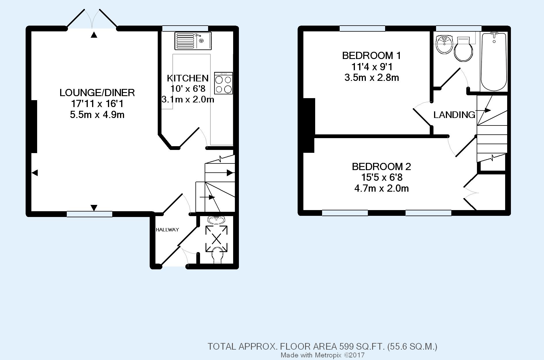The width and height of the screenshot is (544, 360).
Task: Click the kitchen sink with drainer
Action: tap(193, 41)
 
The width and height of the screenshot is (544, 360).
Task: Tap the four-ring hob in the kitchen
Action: tap(223, 83)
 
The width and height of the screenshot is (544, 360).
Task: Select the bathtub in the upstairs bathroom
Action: tap(494, 62)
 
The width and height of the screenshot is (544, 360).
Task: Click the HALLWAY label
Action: tap(167, 230)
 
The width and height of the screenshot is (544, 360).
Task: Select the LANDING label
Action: tap(454, 115)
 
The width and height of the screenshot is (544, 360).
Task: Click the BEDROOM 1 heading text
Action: tap(371, 56)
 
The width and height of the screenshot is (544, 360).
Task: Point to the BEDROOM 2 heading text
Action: tap(381, 167)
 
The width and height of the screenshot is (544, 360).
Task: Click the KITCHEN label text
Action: tap(188, 78)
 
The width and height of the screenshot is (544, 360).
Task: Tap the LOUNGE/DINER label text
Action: tap(97, 93)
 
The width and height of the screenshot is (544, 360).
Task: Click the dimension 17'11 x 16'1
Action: tap(97, 104)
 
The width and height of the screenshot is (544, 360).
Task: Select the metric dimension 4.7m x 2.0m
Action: tap(381, 188)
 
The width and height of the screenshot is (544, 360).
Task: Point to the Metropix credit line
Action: tap(323, 355)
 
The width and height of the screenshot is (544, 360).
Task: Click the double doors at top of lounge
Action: tap(92, 19)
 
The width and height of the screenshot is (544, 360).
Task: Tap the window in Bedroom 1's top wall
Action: tap(362, 28)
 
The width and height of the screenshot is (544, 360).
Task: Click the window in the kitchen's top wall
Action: tap(185, 28)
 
